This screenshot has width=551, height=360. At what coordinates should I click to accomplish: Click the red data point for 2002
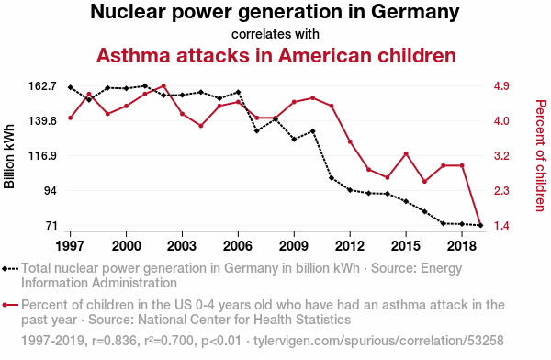163,85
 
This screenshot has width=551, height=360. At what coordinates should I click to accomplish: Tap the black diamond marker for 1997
71,87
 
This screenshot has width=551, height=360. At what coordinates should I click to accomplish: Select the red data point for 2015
406,153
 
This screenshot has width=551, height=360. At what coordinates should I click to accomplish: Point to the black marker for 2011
332,178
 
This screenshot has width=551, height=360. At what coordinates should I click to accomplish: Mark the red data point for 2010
313,98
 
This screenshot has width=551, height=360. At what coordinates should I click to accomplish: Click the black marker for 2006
238,92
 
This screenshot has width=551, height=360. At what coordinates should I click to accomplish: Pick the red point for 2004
200,126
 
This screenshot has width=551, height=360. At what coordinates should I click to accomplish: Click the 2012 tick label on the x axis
350,246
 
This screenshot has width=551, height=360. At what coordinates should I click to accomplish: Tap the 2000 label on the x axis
126,246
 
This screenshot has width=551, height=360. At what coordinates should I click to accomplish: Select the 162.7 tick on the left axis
43,86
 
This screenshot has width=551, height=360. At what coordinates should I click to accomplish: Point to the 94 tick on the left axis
50,190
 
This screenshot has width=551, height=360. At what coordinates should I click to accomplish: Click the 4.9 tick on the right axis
501,86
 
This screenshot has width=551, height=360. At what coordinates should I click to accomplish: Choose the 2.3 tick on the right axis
501,190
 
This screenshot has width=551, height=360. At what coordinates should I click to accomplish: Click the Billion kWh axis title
9,156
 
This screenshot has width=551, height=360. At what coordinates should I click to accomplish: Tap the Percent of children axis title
541,156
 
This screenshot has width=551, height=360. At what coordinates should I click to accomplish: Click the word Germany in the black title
415,12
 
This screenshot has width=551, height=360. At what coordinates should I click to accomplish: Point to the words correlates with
275,34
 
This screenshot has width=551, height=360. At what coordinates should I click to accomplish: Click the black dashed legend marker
10,269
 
